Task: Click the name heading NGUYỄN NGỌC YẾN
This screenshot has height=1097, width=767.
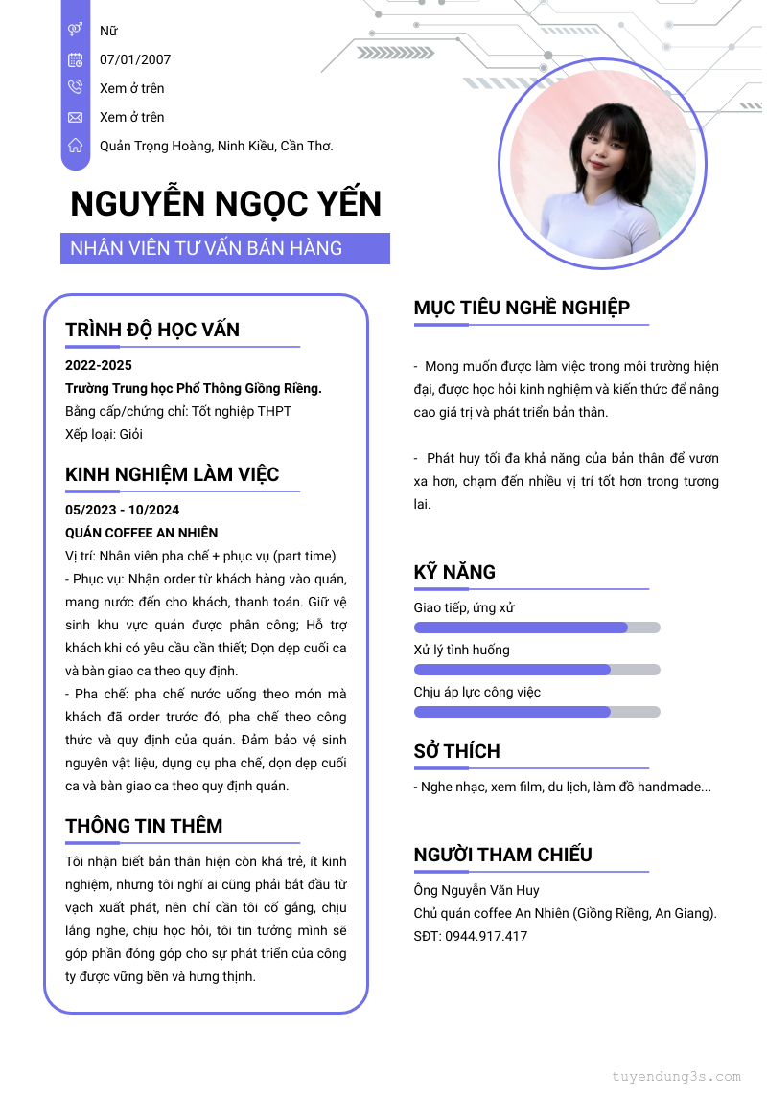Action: click(226, 204)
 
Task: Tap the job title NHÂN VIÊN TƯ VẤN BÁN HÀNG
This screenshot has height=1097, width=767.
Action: click(206, 248)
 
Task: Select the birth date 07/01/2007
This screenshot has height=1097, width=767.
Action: click(135, 59)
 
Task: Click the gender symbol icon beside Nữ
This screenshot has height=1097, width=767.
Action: click(75, 31)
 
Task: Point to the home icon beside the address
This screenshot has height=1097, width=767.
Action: click(75, 146)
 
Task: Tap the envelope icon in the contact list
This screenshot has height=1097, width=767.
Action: click(75, 117)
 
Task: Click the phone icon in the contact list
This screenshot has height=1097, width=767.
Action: click(75, 88)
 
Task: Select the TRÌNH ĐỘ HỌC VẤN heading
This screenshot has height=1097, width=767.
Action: click(152, 330)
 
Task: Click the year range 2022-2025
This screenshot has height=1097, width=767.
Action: click(99, 365)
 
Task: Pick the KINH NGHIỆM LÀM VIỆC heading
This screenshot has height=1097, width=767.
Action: click(173, 474)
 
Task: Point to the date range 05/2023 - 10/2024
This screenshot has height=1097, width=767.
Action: click(122, 510)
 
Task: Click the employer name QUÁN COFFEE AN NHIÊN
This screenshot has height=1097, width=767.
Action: click(141, 533)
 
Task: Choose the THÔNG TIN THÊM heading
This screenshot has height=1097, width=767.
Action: click(144, 826)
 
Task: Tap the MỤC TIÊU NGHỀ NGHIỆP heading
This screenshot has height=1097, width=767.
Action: click(522, 308)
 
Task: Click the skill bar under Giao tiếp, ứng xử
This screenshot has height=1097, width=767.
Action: click(536, 628)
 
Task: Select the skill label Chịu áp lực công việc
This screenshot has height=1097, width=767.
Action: click(477, 692)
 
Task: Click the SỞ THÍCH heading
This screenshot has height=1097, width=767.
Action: click(456, 751)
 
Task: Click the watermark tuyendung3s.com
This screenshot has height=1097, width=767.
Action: click(676, 1076)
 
